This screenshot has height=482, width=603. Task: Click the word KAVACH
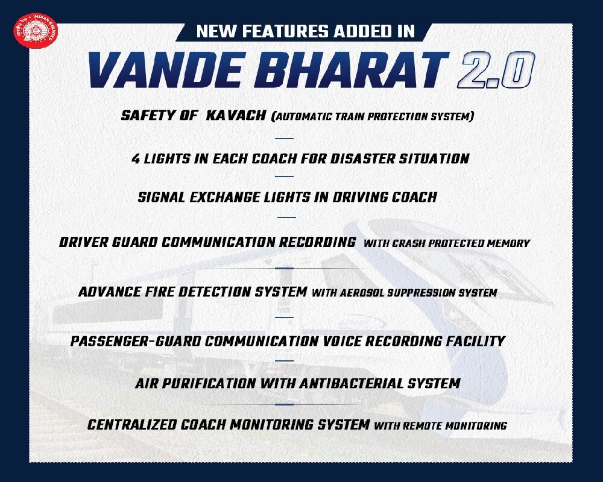[x=235, y=115]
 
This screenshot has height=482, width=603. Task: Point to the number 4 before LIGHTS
[x=136, y=159]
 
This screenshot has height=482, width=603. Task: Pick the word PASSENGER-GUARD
[x=135, y=341]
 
